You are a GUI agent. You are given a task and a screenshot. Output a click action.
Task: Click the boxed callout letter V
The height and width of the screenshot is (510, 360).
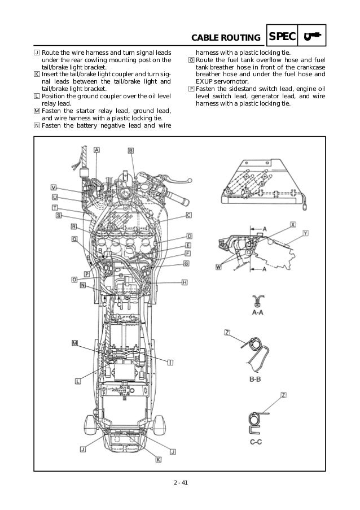54,188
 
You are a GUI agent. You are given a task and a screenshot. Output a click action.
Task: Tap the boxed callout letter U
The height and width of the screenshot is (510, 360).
55,198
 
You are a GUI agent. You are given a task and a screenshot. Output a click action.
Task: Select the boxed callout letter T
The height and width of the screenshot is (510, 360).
56,207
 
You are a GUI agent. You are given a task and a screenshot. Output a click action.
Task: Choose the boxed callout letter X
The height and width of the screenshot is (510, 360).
293,224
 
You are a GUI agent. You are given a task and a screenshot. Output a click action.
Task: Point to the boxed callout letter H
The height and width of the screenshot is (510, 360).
185,282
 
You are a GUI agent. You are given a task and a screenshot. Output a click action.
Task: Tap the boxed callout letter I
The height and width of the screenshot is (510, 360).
170,360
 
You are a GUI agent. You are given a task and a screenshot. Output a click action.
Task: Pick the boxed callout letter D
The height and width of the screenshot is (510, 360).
190,236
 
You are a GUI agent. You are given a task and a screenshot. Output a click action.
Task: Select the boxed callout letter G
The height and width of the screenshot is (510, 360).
186,264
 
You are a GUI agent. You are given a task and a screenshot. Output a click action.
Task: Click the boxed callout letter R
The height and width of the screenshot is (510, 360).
73,226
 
